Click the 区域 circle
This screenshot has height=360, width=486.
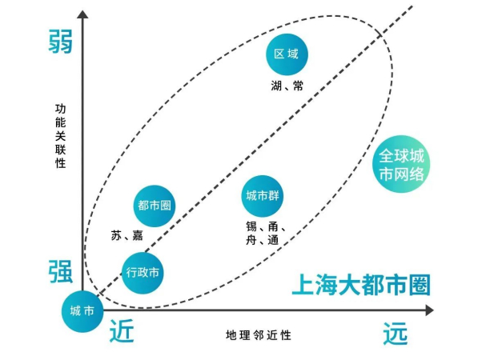point(286,54)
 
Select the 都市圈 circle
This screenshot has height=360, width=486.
point(153,205)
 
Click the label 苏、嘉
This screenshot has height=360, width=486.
point(127,235)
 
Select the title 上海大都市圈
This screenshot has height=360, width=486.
point(360,285)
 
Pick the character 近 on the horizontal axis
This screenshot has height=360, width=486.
point(125,330)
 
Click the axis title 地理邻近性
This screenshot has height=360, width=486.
point(259,334)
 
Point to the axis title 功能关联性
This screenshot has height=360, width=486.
point(61,135)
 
